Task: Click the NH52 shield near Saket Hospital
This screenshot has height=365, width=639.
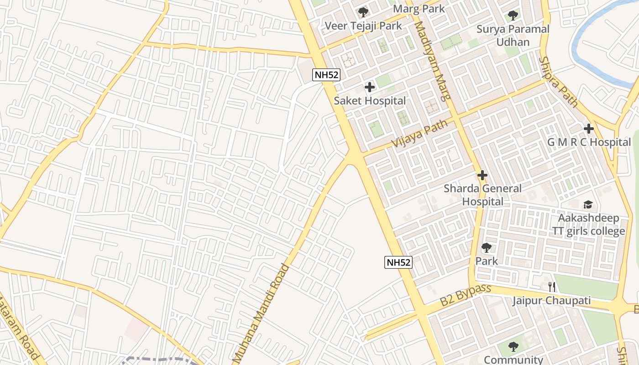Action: coord(326,75)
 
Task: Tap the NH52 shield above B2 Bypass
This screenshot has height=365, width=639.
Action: coord(398,262)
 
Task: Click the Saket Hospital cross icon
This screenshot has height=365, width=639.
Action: coord(370,87)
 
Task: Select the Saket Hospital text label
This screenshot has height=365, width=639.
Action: coord(370,101)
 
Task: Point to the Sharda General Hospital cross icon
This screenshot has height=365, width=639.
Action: coord(482,175)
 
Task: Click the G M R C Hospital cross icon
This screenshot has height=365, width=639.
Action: coord(589,129)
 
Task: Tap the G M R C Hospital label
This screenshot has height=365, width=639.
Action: coord(589,142)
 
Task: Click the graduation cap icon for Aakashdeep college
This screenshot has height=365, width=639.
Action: coord(588,204)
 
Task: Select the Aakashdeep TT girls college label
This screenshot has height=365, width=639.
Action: coord(589,224)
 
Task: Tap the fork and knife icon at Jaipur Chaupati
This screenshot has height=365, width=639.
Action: coord(552,287)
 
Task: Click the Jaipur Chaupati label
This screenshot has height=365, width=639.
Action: coord(551,301)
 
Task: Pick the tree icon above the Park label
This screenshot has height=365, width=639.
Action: coord(487,248)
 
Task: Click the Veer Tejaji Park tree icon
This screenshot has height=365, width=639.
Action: coord(363,12)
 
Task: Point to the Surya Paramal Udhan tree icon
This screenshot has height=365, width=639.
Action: coord(513,16)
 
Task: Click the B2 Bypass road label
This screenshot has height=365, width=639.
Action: coord(466,295)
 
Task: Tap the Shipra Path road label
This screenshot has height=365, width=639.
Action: coord(557,82)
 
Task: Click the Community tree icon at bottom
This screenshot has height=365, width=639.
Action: coord(513,347)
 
